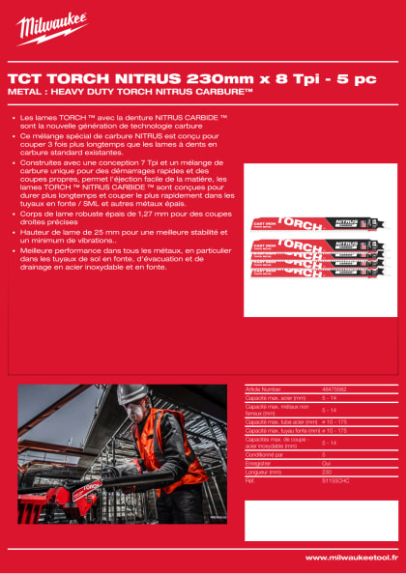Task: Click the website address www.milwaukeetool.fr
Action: [x=350, y=558]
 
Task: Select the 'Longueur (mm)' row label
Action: [x=263, y=472]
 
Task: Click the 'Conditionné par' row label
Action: [x=267, y=455]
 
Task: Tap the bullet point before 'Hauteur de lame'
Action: [x=11, y=232]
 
